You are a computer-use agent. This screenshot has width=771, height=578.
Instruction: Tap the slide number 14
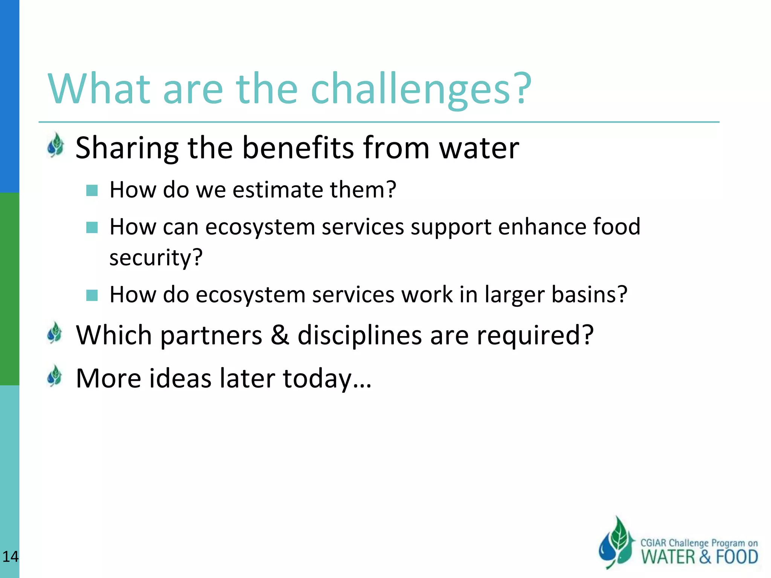(10, 556)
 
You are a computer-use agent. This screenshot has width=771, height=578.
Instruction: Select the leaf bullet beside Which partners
(55, 333)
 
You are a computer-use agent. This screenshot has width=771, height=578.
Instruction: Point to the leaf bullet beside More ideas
(55, 376)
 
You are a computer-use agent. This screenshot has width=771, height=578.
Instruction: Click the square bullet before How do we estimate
(92, 190)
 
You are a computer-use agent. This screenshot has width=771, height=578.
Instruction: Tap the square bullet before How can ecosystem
(92, 228)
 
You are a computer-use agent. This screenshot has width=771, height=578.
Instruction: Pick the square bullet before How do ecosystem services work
(92, 295)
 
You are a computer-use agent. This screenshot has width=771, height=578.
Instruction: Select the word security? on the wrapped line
(156, 258)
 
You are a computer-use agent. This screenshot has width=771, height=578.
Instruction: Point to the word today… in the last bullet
(327, 378)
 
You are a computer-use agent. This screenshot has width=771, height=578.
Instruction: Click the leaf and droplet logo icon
(616, 543)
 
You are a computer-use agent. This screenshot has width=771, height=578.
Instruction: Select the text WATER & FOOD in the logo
(699, 557)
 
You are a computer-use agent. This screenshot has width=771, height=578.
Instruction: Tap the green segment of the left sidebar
(9, 289)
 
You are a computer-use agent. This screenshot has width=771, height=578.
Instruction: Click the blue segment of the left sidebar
(9, 96)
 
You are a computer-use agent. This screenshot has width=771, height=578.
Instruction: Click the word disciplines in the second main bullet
(360, 335)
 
